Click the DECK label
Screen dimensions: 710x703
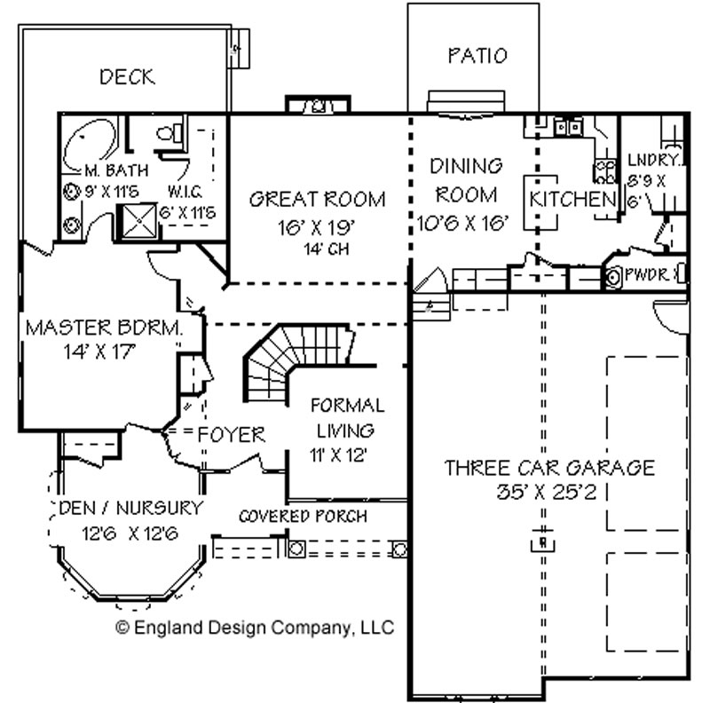click(x=127, y=77)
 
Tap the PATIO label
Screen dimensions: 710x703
click(x=477, y=56)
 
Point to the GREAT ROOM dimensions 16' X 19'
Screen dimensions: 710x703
click(x=316, y=227)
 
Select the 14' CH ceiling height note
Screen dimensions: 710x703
click(x=326, y=249)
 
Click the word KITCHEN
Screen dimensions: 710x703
click(x=572, y=200)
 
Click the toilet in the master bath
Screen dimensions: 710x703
click(x=170, y=133)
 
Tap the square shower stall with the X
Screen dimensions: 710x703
click(x=138, y=221)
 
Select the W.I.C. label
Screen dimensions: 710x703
click(x=185, y=192)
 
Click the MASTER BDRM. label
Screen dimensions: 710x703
click(x=104, y=328)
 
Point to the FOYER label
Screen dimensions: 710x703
click(x=232, y=435)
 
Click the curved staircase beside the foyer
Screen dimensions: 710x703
click(x=290, y=358)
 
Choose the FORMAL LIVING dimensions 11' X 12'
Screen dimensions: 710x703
click(x=338, y=454)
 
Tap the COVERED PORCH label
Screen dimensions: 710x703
click(x=303, y=516)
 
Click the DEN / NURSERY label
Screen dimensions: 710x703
click(x=130, y=508)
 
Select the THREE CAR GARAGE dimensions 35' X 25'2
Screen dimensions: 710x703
click(x=547, y=492)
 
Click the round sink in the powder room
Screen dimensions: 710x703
click(x=612, y=277)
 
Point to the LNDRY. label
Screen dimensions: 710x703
click(x=654, y=160)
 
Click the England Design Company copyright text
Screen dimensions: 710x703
click(x=255, y=628)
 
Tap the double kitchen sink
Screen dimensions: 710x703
click(x=568, y=127)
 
